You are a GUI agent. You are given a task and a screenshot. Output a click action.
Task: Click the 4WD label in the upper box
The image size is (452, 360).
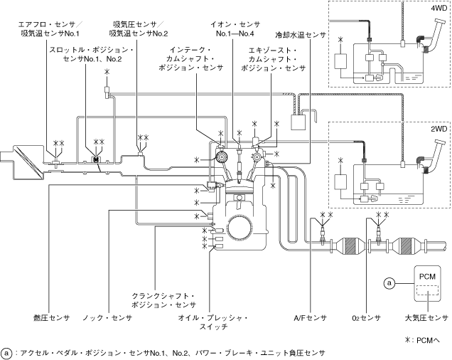[x=437, y=11]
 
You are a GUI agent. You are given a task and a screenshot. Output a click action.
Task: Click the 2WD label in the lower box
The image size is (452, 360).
[x=437, y=129]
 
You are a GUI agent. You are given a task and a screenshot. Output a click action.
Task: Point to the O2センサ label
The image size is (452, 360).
[x=367, y=318]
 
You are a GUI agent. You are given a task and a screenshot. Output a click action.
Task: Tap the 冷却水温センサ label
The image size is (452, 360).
[x=301, y=33]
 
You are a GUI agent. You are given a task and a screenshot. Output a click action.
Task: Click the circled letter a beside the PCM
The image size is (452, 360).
[x=389, y=283]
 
